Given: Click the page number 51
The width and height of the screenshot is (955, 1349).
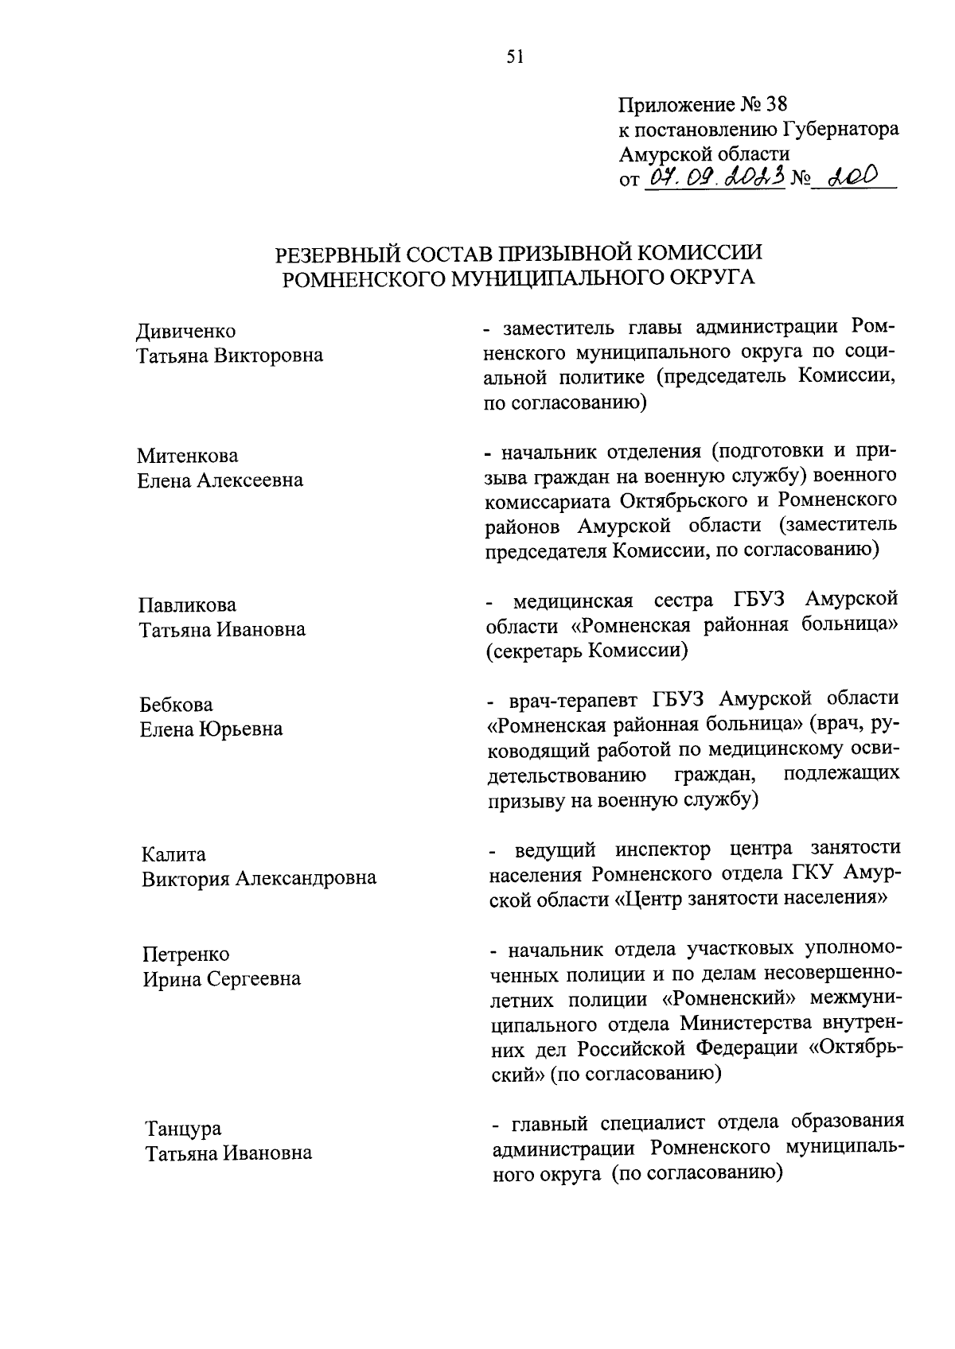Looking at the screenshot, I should pyautogui.click(x=516, y=56).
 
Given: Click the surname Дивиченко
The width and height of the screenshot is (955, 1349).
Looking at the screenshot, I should pyautogui.click(x=186, y=331).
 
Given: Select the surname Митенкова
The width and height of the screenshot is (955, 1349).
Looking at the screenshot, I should pyautogui.click(x=187, y=456).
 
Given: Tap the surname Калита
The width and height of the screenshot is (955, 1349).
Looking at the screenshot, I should pyautogui.click(x=173, y=854).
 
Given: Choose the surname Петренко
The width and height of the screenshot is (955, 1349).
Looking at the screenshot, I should pyautogui.click(x=185, y=954).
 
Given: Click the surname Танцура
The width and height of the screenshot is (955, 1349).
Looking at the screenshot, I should pyautogui.click(x=183, y=1129).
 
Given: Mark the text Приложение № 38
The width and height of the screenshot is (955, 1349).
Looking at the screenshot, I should pyautogui.click(x=702, y=104).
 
